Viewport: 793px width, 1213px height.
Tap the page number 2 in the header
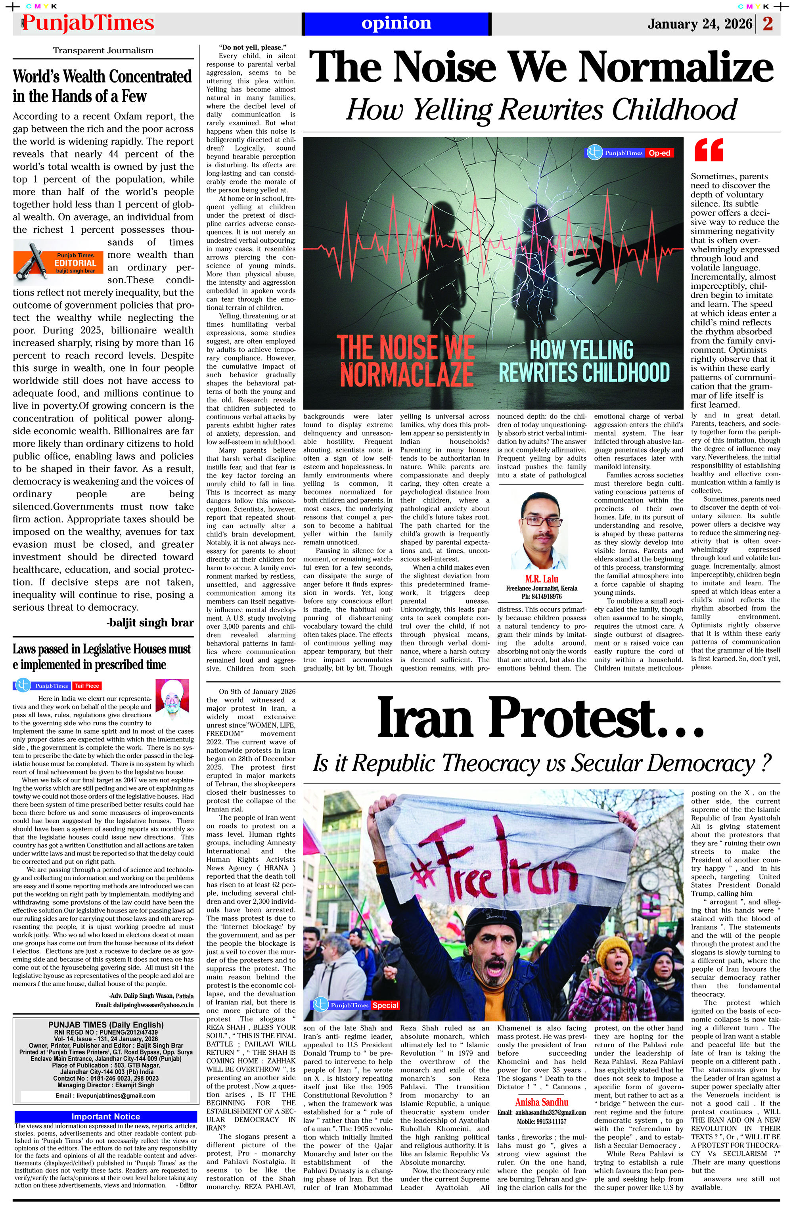coord(768,24)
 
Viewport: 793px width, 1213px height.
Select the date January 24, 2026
coord(700,24)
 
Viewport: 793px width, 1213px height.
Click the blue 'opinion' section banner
coord(396,23)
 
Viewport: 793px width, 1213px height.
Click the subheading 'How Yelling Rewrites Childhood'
coord(541,109)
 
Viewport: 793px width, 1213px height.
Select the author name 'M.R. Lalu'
coord(541,579)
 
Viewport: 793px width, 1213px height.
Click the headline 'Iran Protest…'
coord(540,718)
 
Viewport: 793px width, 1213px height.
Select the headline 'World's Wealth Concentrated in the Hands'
coord(102,86)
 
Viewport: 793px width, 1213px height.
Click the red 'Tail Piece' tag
coord(87,686)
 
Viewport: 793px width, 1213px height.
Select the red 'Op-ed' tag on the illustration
coord(659,153)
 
